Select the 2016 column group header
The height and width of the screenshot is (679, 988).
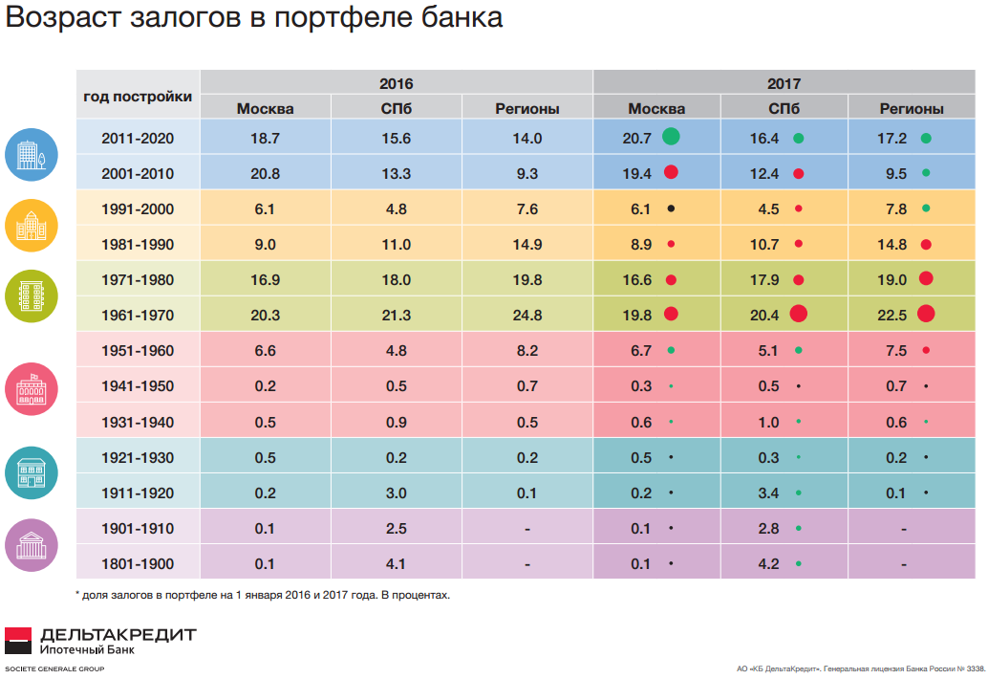(396, 83)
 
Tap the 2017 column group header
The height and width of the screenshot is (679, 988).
(784, 83)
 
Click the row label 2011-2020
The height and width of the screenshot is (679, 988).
(138, 138)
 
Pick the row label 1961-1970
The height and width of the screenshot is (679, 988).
(138, 315)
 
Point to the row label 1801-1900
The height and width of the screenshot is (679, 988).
(138, 563)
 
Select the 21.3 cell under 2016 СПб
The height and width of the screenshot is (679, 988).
(396, 315)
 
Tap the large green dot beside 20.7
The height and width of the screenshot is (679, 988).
(671, 138)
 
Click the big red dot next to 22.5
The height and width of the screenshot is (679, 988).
(925, 314)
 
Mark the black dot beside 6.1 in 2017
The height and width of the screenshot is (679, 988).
(671, 208)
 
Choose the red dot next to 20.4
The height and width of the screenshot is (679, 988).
(799, 314)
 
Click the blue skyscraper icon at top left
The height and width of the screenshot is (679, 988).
(32, 154)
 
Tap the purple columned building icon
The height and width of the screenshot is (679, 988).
(32, 545)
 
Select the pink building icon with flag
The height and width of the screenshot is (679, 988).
(32, 386)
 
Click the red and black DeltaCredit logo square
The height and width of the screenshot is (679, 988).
(18, 641)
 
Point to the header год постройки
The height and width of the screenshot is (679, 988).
(138, 96)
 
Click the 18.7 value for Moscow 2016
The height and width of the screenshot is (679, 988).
(265, 138)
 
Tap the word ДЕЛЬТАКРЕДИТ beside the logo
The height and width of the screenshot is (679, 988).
(118, 634)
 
